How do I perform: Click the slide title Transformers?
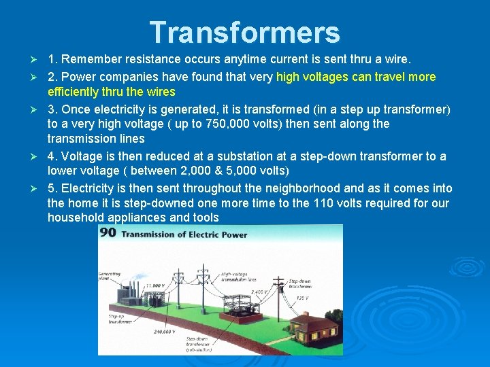[x=244, y=33]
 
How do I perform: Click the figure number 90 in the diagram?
[x=108, y=233]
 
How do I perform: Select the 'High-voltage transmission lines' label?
[x=238, y=277]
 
